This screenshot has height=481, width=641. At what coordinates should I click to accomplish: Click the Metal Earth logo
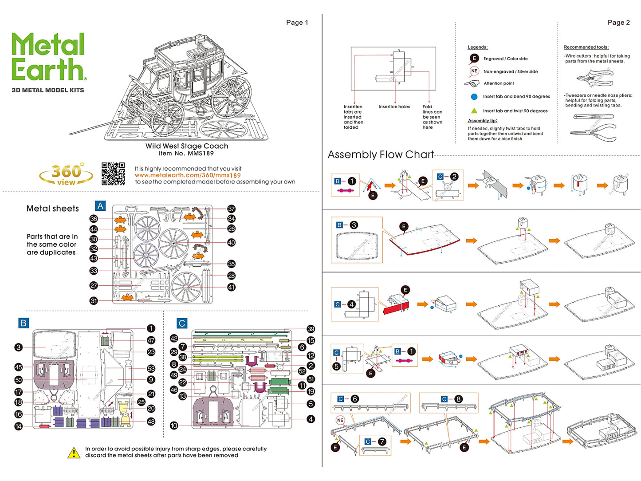[48, 58]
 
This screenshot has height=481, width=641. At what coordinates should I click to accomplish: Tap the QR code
[113, 173]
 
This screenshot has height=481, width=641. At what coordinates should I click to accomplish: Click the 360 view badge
[66, 174]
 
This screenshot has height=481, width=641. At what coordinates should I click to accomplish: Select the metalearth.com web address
[188, 175]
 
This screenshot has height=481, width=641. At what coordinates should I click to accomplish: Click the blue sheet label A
[100, 206]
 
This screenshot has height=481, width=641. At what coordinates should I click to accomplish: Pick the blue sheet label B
[24, 323]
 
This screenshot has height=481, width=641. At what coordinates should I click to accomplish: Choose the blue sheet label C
[181, 323]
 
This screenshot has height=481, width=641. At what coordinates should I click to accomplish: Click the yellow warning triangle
[74, 453]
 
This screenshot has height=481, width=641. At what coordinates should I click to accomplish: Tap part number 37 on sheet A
[231, 209]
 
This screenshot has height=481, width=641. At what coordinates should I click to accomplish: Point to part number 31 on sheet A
[94, 301]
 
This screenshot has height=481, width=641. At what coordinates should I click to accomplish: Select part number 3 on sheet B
[18, 347]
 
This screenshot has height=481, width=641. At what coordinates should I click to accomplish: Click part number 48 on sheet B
[151, 422]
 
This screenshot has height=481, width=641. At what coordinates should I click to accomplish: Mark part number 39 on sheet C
[311, 329]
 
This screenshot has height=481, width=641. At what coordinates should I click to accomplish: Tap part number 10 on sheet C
[174, 426]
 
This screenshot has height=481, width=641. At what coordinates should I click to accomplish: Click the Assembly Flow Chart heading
[381, 154]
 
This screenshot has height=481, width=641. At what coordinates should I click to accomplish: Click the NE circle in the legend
[474, 71]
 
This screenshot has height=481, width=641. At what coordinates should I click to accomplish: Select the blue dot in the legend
[474, 96]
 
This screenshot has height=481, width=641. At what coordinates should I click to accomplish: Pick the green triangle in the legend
[474, 111]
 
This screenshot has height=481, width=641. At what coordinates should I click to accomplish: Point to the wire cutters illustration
[594, 79]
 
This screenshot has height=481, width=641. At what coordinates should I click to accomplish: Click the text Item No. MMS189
[186, 154]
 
